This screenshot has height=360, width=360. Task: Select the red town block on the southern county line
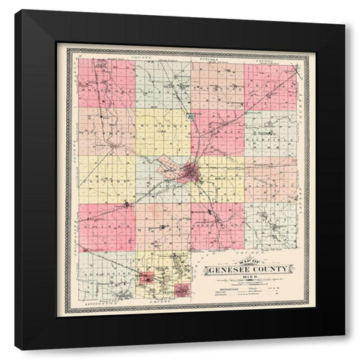[181, 289]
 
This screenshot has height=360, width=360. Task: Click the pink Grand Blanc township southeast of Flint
[217, 225]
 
